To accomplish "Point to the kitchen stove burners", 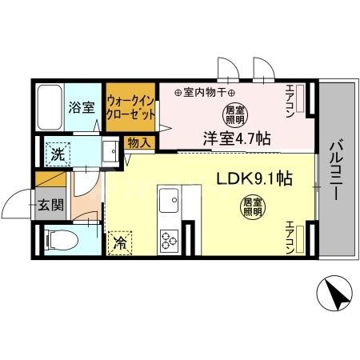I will tap(170, 238).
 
